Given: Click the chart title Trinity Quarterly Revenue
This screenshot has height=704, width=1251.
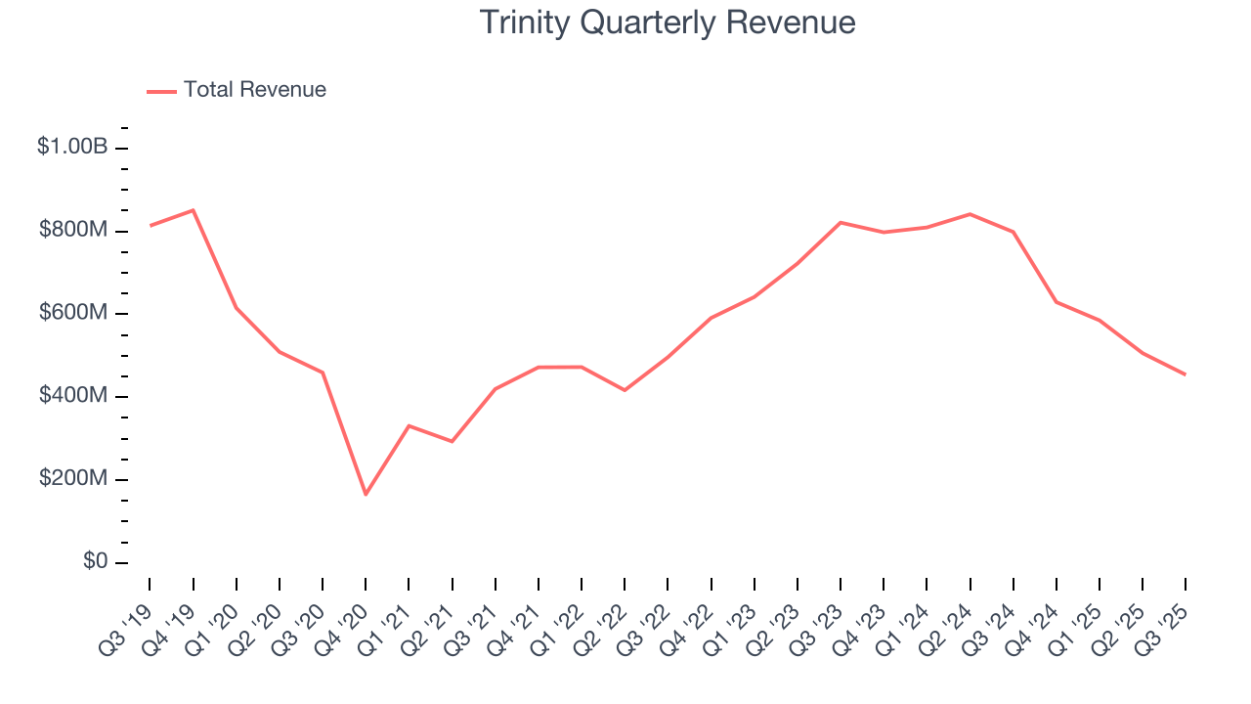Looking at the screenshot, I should pyautogui.click(x=668, y=22).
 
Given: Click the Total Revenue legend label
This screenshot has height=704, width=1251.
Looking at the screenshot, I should pyautogui.click(x=254, y=90).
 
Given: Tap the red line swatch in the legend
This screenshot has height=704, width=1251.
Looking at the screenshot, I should pyautogui.click(x=161, y=91).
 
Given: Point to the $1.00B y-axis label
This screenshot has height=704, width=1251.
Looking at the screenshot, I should pyautogui.click(x=71, y=148).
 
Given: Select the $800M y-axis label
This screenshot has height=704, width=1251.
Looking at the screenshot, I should pyautogui.click(x=72, y=231).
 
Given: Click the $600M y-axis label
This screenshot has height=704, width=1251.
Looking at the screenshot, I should pyautogui.click(x=72, y=314).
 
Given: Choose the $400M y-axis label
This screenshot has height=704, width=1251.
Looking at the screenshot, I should pyautogui.click(x=72, y=397).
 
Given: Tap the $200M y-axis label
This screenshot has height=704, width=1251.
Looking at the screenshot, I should pyautogui.click(x=72, y=480).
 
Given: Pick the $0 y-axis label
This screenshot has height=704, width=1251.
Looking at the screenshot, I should pyautogui.click(x=96, y=562).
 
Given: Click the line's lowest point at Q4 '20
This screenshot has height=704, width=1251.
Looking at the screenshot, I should pyautogui.click(x=366, y=495).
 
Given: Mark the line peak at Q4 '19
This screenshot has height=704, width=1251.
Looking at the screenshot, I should pyautogui.click(x=193, y=210).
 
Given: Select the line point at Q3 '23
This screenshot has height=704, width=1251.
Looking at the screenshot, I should pyautogui.click(x=841, y=222).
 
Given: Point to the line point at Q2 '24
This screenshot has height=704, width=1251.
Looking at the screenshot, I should pyautogui.click(x=970, y=214).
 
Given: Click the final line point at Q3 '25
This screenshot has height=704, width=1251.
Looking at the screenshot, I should pyautogui.click(x=1186, y=374).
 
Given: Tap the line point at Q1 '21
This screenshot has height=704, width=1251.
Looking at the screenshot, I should pyautogui.click(x=409, y=425).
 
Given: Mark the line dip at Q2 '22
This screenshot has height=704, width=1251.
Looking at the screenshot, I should pyautogui.click(x=625, y=390).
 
